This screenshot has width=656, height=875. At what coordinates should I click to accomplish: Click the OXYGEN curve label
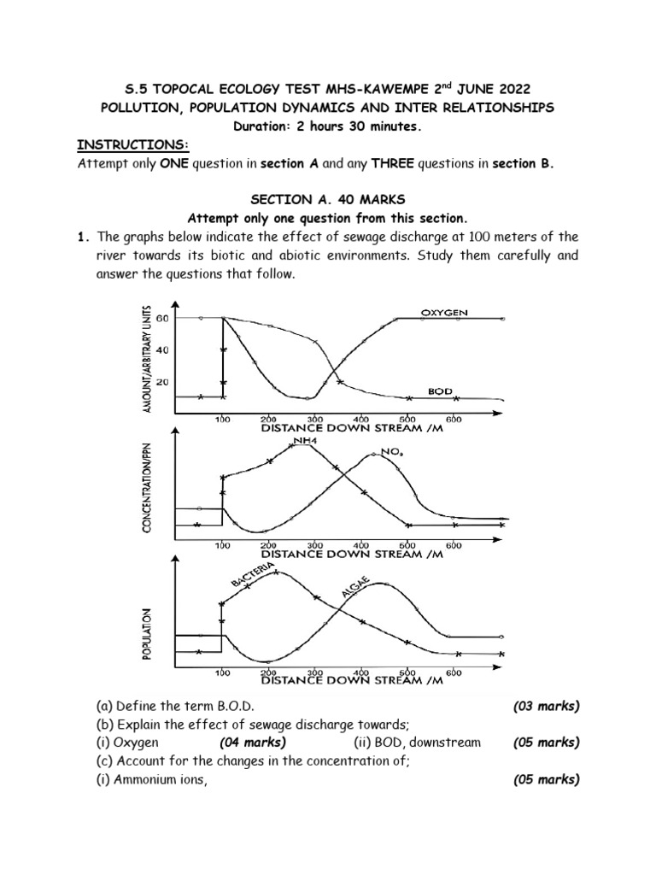(x=444, y=314)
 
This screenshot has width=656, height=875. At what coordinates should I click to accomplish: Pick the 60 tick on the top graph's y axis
(x=162, y=318)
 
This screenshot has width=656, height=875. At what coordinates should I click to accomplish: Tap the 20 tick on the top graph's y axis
(x=162, y=381)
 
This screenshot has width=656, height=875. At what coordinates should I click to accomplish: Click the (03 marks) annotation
(x=546, y=706)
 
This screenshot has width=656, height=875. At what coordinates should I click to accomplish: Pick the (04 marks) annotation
(x=253, y=743)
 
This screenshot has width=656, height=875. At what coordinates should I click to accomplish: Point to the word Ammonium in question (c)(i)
(x=146, y=778)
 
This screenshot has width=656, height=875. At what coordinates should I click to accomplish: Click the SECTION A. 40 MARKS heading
(x=328, y=199)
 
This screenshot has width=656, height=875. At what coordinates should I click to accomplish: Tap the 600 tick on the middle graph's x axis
(x=453, y=544)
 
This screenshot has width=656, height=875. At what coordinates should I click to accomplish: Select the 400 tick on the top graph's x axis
(x=360, y=420)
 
